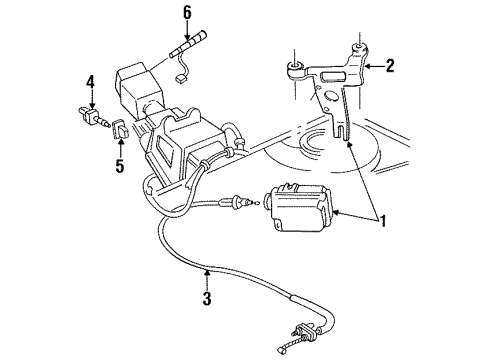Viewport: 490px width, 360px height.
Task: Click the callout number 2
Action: [391, 68]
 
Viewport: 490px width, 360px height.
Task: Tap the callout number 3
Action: [206, 298]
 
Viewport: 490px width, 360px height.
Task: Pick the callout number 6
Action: [187, 13]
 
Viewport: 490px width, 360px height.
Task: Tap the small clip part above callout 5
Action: [119, 129]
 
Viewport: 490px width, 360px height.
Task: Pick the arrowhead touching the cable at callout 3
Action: [205, 273]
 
